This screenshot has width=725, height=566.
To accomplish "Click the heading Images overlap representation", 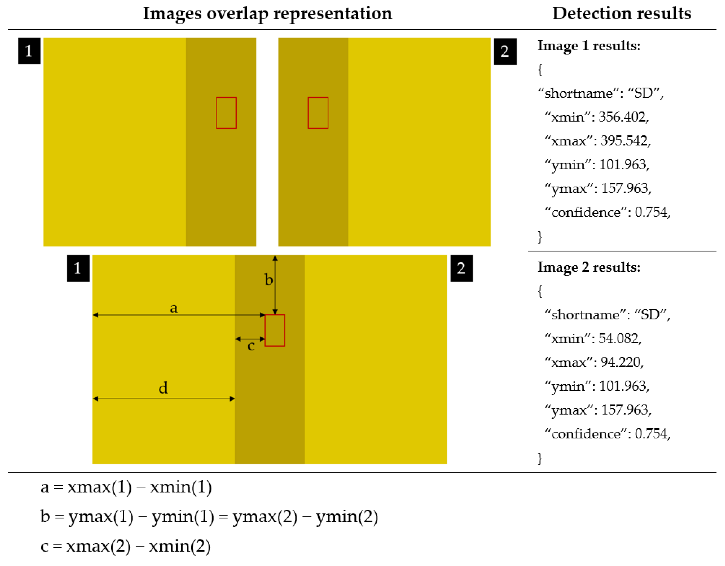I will pos(267,14).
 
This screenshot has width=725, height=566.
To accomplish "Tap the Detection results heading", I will pos(622,14).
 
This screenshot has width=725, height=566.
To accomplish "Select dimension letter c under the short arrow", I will pos(251,346).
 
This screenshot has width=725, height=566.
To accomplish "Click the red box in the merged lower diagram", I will pos(274,331).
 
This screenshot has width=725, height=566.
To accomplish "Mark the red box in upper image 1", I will pos(226,113).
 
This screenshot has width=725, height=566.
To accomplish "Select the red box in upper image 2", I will pos(318,113).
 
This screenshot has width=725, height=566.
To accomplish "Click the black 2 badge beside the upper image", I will pos(505,52).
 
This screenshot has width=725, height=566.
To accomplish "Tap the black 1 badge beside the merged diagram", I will pos(78,268).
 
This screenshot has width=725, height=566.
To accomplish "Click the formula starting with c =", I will pos(126,546).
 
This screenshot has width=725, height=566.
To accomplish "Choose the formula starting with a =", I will pos(126,487).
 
